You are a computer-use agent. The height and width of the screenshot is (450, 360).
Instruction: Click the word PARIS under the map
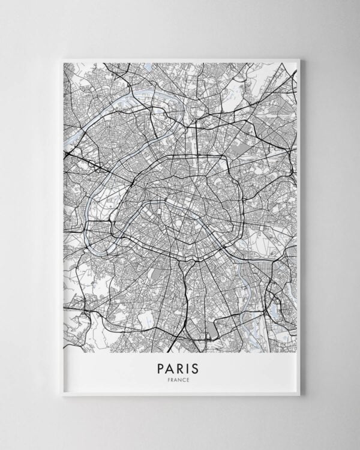coord(180,366)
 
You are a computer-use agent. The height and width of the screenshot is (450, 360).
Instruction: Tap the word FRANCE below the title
coord(180,379)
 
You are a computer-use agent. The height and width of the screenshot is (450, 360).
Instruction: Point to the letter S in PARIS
coord(198,366)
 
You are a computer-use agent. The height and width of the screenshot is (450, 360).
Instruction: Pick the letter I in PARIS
coord(190,366)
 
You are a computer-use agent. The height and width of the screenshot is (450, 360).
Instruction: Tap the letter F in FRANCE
coord(171,379)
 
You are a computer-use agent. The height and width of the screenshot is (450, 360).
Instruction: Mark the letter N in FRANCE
coord(181,379)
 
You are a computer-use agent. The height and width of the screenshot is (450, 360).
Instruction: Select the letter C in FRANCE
coord(185,379)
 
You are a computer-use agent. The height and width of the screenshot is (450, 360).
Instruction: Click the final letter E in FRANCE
coord(189,379)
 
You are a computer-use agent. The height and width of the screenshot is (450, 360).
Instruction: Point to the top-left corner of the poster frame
coord(61,59)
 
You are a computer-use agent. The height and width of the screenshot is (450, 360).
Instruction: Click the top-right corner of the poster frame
coord(299,59)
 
